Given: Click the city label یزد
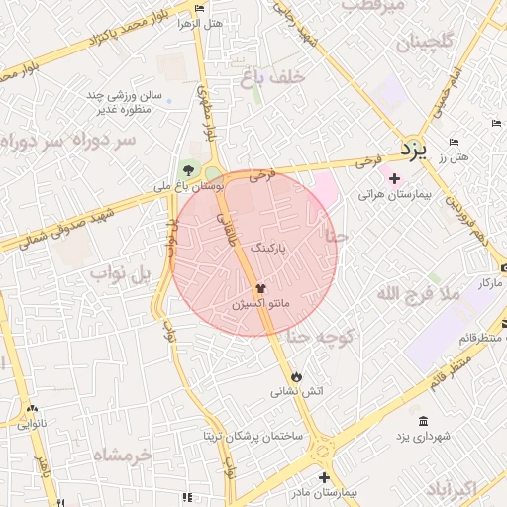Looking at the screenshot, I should pyautogui.click(x=413, y=150).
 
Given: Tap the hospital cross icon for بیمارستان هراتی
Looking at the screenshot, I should pyautogui.click(x=394, y=178).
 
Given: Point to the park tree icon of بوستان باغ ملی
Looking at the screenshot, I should pyautogui.click(x=188, y=169).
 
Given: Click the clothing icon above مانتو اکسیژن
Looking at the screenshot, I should pyautogui.click(x=247, y=287).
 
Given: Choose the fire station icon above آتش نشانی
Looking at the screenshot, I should pyautogui.click(x=297, y=376).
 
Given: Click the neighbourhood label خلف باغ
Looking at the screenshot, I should pyautogui.click(x=262, y=74).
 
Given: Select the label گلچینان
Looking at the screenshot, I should pyautogui.click(x=425, y=43).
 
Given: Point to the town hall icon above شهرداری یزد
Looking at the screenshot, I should pyautogui.click(x=424, y=421).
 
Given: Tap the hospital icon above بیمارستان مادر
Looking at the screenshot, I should pyautogui.click(x=324, y=477).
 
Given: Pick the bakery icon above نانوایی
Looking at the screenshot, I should pyautogui.click(x=33, y=409).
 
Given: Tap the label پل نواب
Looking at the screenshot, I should pyautogui.click(x=121, y=271).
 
